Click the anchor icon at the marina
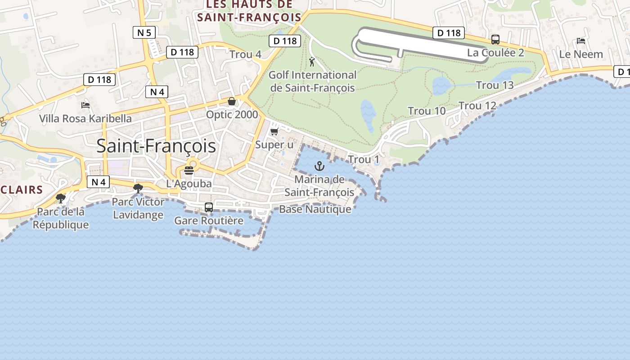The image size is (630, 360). coord(319,166)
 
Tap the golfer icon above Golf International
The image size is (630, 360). coord(312,62)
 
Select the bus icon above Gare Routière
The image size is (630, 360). coord(209,207)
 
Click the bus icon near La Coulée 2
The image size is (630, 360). coord(495,40)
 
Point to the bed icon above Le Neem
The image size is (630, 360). coord(581,41)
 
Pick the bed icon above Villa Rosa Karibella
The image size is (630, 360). coord(85,105)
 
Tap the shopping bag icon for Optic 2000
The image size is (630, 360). coord(232,101)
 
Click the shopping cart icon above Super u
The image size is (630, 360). coord(274,132)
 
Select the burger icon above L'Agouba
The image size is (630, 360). coord(189,171)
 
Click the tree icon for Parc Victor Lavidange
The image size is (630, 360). coord(138,189)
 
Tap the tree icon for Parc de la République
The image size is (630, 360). coord(60,198)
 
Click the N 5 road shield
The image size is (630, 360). coord(144,32)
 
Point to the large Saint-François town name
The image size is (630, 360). coord(156,146)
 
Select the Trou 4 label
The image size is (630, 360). coord(245,54)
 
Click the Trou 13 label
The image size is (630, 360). coord(495,85)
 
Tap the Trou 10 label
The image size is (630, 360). coord(427,111)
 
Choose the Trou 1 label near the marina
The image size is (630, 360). coord(364,159)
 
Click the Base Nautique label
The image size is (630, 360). coord(315,209)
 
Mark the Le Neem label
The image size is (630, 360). coord(581,54)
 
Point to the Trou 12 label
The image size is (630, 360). coord(477,106)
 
